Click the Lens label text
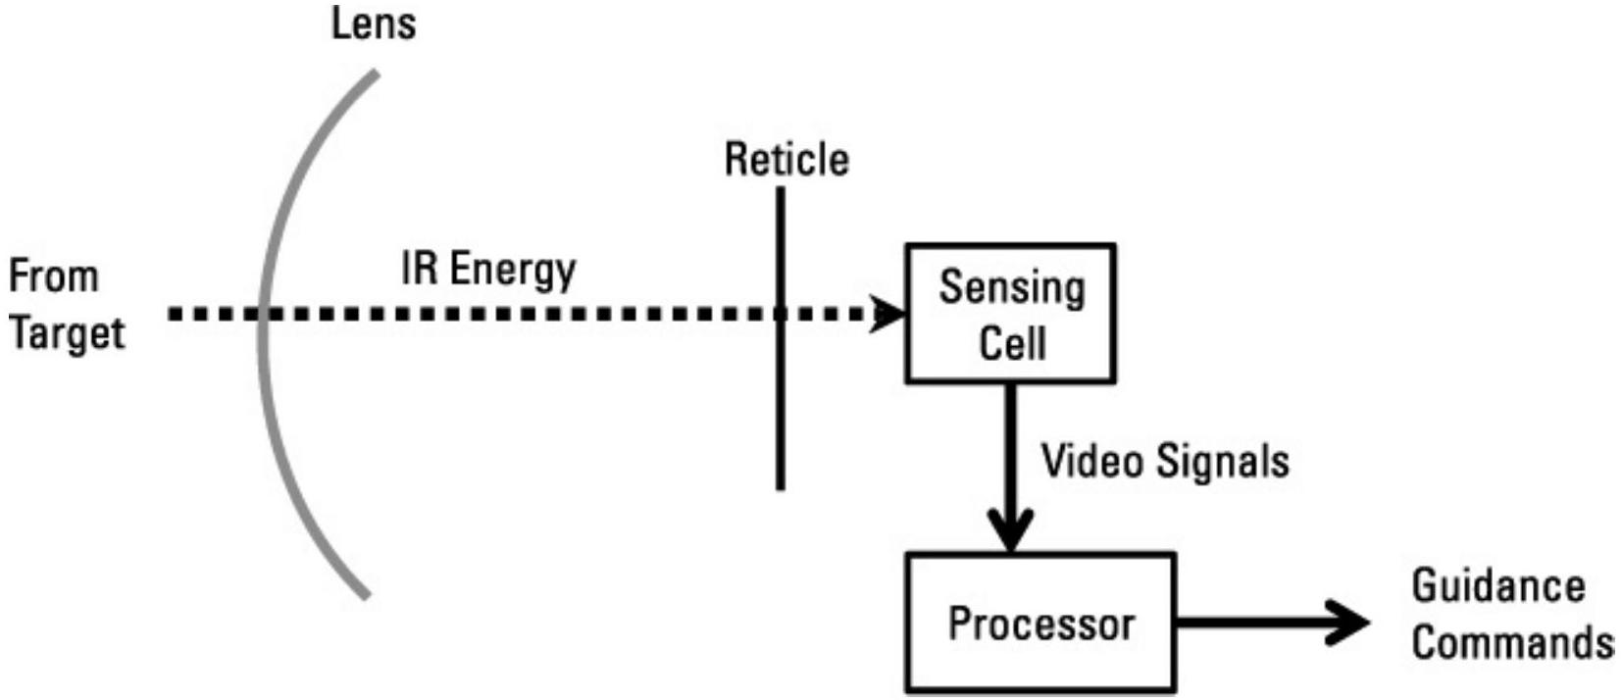[374, 24]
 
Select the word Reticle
[786, 160]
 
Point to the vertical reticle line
[781, 412]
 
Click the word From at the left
[54, 275]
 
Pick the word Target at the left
[67, 334]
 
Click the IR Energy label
[488, 270]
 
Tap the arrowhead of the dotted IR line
[890, 315]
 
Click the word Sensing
[1012, 287]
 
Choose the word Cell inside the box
[1012, 343]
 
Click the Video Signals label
[1165, 461]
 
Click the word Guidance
[1497, 586]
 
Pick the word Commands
[1512, 643]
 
